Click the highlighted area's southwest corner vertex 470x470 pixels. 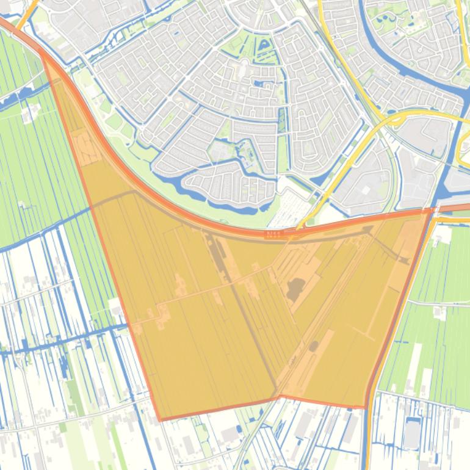[160, 420]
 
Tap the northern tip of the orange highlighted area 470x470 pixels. [42, 50]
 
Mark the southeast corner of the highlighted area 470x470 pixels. [365, 407]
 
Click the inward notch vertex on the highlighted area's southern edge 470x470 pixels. [280, 397]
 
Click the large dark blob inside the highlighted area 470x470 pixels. [295, 288]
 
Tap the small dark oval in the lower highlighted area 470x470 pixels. [314, 346]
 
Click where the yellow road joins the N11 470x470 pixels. [299, 227]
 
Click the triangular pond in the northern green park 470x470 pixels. [263, 45]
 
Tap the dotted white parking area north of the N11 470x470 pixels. [287, 211]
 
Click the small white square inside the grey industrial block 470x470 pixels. [366, 190]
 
